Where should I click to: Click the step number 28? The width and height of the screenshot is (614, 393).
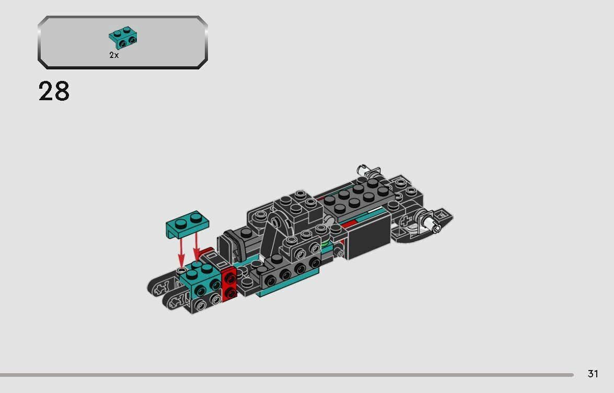tap(54, 92)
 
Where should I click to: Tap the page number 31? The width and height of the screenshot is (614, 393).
tap(593, 374)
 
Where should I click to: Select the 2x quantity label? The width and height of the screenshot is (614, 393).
tap(114, 55)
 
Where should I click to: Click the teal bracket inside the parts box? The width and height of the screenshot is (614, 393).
tap(123, 36)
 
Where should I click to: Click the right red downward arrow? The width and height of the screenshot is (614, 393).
tap(196, 247)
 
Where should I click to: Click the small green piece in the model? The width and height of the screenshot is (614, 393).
tap(325, 243)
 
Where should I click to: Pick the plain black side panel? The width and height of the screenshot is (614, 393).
tap(369, 237)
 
